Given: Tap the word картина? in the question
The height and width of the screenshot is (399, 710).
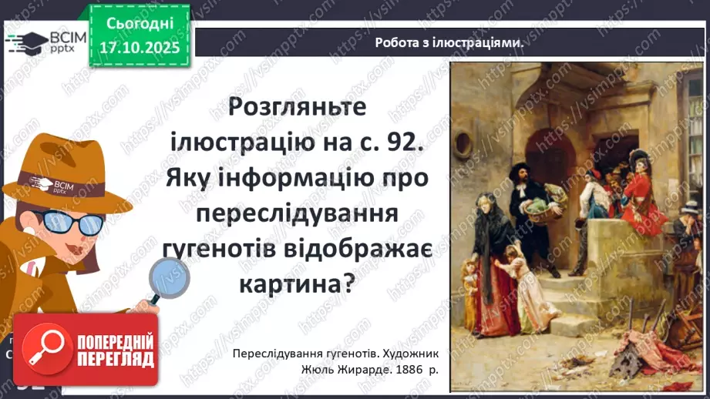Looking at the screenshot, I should (x=299, y=284).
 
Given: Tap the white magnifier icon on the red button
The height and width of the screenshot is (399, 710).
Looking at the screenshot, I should (x=44, y=350).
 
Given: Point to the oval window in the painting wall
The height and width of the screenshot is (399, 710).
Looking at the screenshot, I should (x=463, y=143).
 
